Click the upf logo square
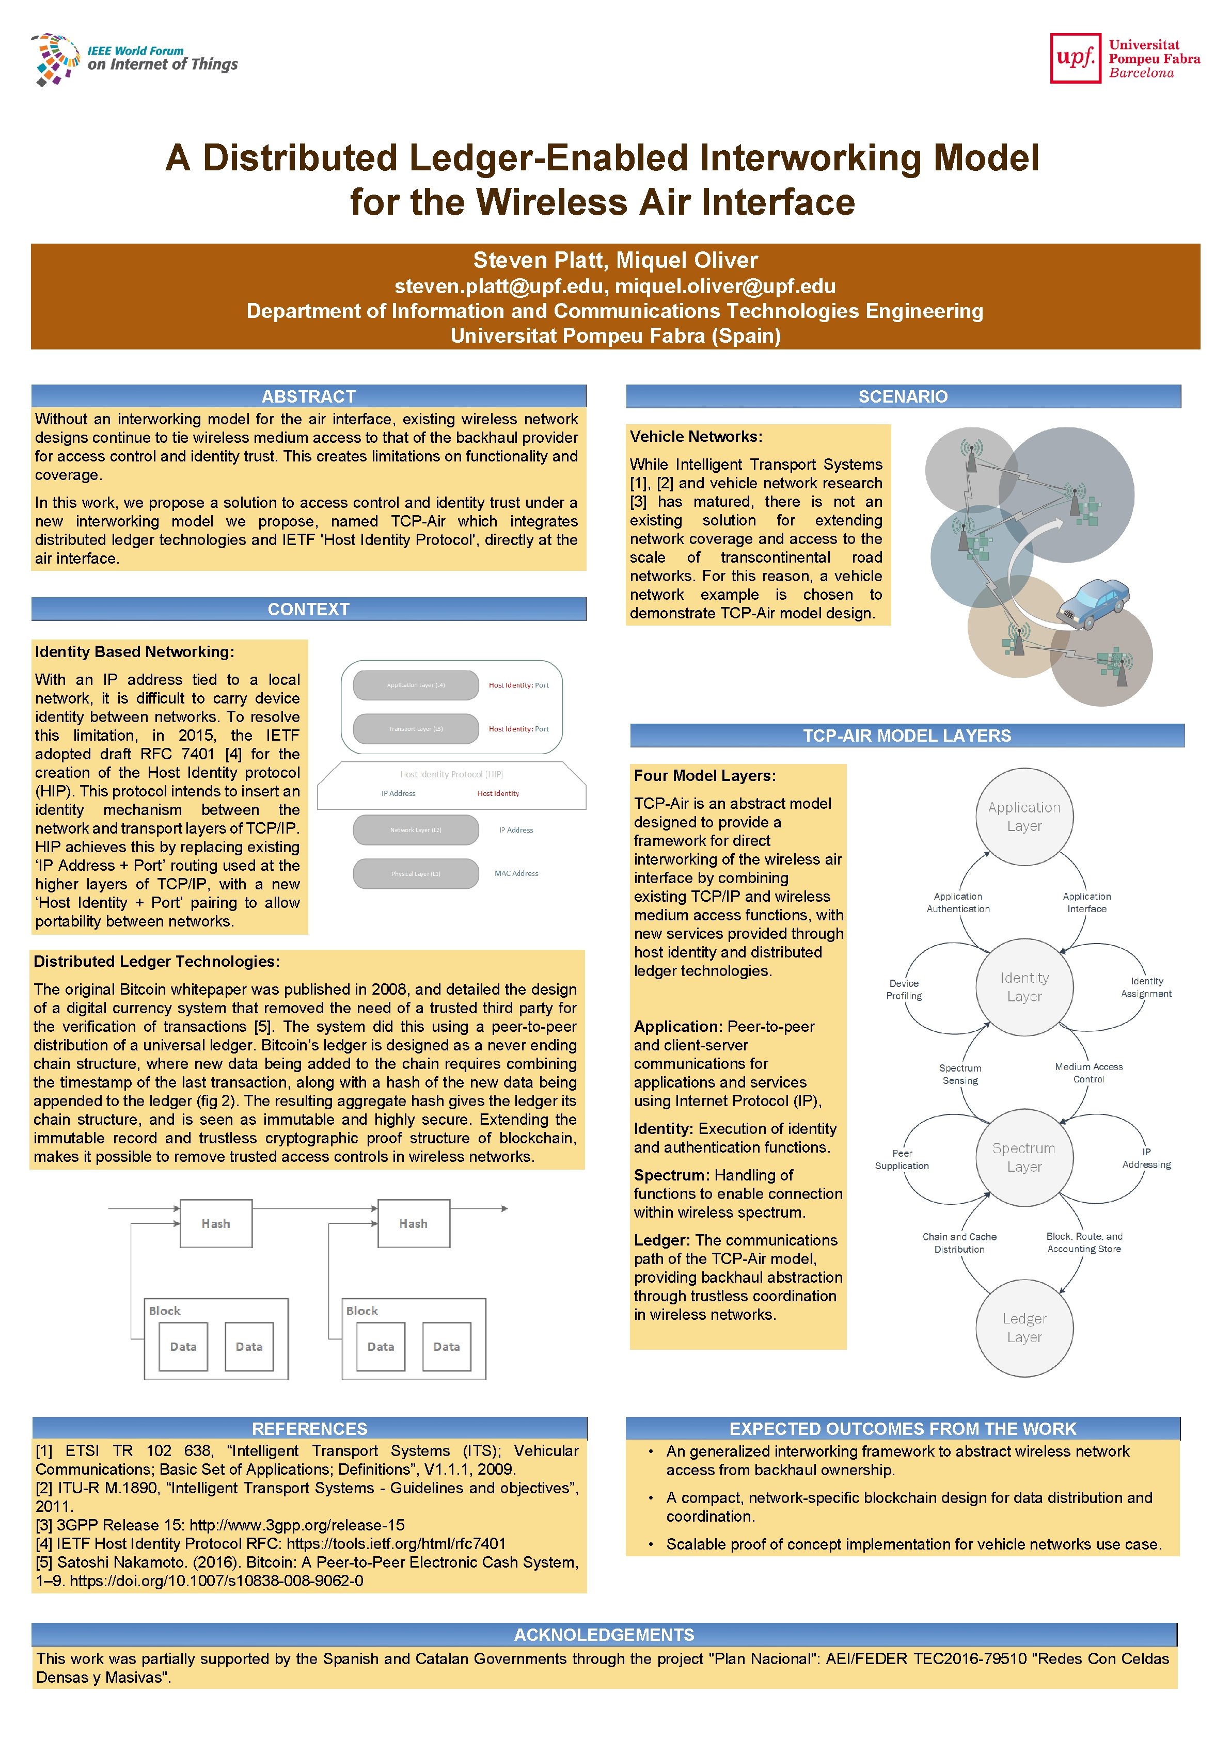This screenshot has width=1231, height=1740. (1075, 58)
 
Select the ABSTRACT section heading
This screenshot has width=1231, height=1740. (308, 396)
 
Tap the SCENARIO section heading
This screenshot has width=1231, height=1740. (903, 396)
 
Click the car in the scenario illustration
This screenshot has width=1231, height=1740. (1092, 603)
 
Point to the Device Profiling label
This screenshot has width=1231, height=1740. (904, 989)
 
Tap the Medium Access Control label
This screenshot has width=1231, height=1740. (1088, 1073)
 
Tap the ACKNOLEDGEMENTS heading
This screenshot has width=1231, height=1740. (604, 1635)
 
